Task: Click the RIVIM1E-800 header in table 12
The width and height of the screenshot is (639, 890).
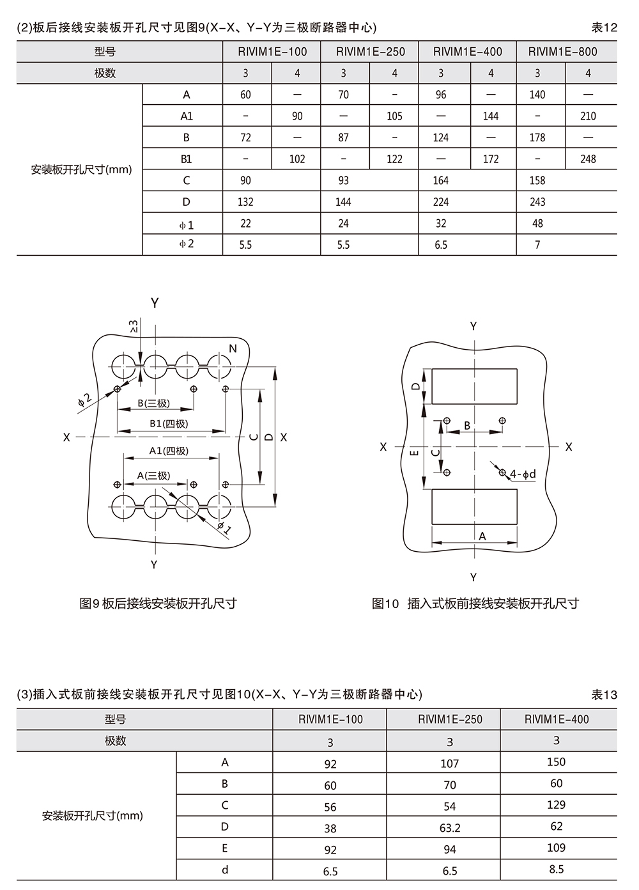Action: (x=562, y=52)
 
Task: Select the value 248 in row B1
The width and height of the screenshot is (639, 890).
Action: (x=588, y=159)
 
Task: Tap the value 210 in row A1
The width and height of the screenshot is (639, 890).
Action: (x=588, y=116)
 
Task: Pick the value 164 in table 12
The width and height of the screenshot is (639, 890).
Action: (x=441, y=180)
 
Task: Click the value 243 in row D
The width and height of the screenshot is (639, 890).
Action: (x=537, y=202)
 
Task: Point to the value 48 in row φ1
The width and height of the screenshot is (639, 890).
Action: (x=537, y=223)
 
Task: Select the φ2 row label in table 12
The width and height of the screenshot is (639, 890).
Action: (x=186, y=244)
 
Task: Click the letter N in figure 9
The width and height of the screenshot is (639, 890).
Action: (x=233, y=348)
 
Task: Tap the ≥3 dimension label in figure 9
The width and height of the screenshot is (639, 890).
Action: (x=134, y=326)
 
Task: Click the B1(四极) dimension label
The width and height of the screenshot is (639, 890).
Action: (x=169, y=423)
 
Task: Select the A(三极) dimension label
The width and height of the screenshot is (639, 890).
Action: (x=153, y=476)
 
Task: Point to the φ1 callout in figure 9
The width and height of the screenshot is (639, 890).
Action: (x=224, y=527)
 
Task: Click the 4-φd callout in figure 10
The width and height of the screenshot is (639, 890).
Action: (x=523, y=474)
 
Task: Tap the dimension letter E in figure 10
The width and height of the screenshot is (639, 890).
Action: (x=414, y=453)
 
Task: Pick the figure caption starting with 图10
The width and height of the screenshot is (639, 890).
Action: (x=475, y=604)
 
